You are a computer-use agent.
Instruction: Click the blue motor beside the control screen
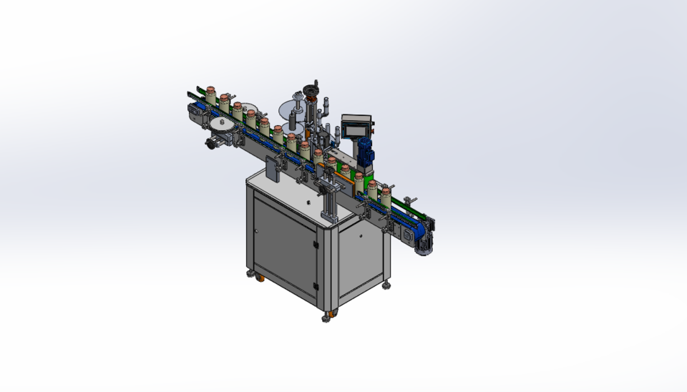366,150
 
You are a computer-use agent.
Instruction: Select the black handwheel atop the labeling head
311,91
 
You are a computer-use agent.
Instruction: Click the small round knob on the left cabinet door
255,231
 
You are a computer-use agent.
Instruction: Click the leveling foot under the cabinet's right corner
387,285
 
